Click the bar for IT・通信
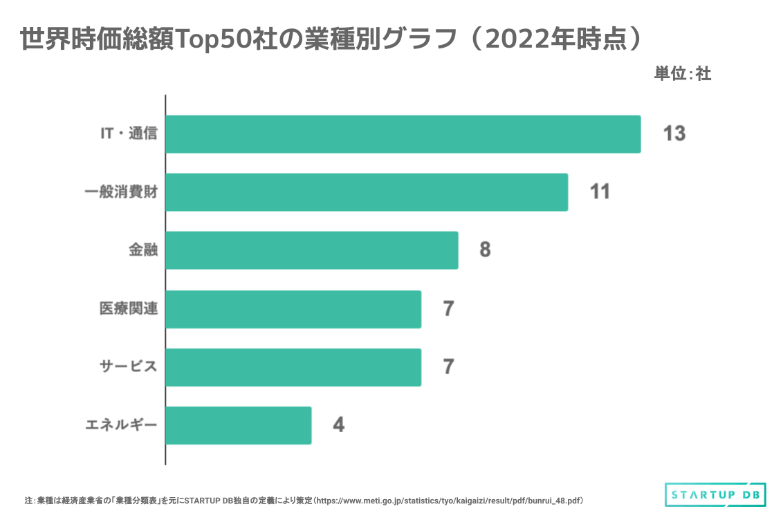click(403, 134)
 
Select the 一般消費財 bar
click(367, 192)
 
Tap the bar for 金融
click(311, 250)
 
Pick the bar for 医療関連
click(293, 309)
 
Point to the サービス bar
click(293, 367)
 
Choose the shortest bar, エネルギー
click(239, 425)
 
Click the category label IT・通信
click(129, 133)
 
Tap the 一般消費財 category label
click(120, 192)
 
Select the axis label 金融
click(142, 250)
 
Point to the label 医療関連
click(129, 309)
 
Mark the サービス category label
click(129, 366)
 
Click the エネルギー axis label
click(121, 425)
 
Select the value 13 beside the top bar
click(674, 133)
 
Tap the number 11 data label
click(600, 192)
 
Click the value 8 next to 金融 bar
click(485, 250)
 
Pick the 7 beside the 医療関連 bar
click(448, 308)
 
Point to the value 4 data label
click(338, 425)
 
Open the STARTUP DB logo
click(711, 494)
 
